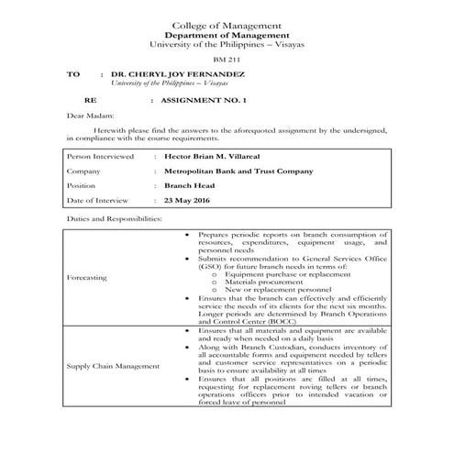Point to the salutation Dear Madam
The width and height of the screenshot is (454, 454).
click(x=88, y=116)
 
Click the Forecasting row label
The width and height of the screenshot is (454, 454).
click(x=88, y=276)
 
